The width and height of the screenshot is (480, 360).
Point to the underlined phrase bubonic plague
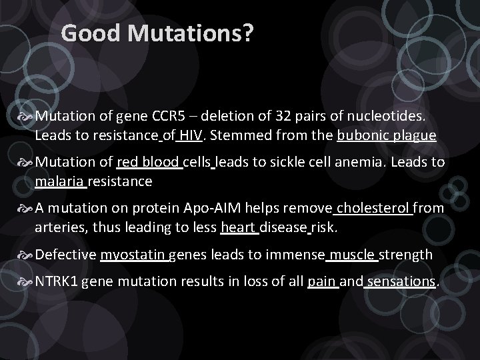[x=387, y=135]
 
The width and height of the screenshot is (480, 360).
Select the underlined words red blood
[x=148, y=163]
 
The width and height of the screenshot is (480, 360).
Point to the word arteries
[x=58, y=227]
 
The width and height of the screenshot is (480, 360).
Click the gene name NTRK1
[x=57, y=282]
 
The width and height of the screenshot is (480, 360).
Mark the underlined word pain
[x=322, y=282]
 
